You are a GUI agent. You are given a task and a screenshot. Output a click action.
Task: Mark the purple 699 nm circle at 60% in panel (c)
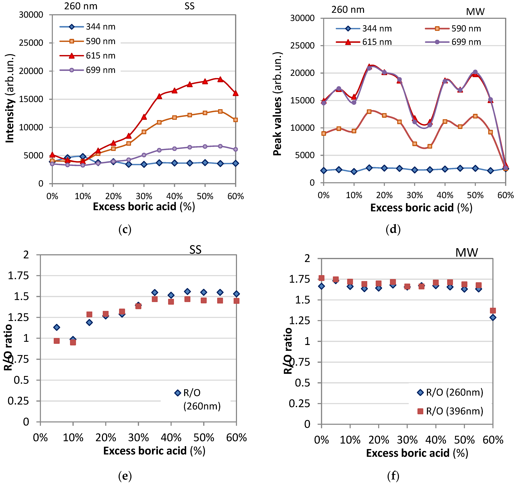(x=235, y=149)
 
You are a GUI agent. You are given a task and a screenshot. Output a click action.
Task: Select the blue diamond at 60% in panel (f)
(x=493, y=317)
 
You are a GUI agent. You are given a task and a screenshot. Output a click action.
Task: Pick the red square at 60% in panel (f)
(x=493, y=310)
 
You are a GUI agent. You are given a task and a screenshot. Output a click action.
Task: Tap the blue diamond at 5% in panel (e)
(x=57, y=327)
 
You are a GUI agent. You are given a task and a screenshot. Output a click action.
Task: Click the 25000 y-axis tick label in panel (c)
(x=31, y=43)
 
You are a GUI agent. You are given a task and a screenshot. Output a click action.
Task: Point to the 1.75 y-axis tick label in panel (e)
(x=18, y=276)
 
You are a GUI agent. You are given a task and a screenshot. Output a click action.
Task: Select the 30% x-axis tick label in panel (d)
(x=415, y=195)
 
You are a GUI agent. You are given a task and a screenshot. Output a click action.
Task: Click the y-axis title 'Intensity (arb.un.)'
(x=10, y=99)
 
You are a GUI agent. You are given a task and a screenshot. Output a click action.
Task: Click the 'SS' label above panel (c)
(x=190, y=6)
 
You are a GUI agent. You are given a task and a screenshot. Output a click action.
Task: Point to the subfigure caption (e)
(x=125, y=476)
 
